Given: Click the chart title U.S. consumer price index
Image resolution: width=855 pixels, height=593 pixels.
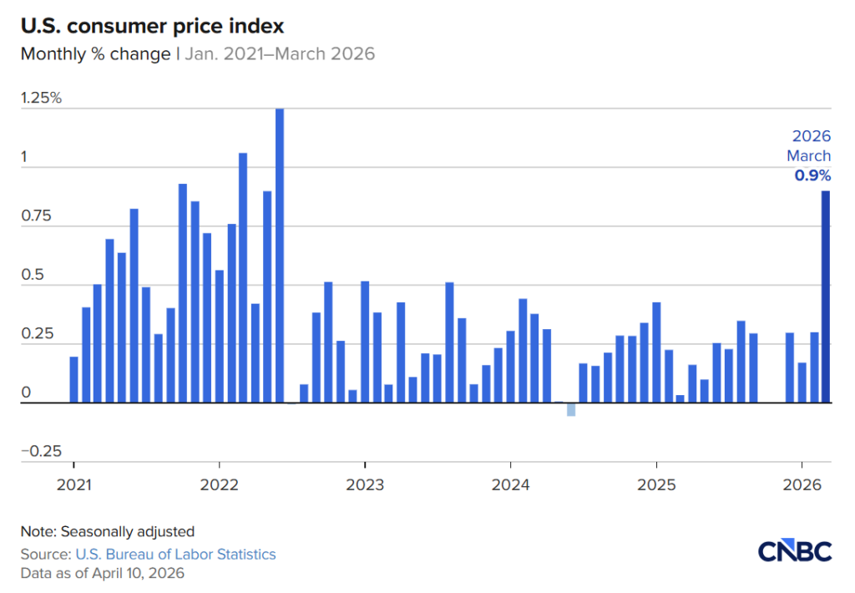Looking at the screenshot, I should tap(152, 26).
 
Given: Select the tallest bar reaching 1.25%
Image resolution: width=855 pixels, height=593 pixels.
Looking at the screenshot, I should tap(280, 256).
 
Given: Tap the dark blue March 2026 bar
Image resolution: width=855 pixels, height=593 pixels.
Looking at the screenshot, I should tap(826, 296).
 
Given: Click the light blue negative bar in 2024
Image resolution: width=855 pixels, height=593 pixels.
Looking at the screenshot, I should tap(571, 409).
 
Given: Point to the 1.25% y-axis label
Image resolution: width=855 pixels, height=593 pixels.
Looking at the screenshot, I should tap(41, 98).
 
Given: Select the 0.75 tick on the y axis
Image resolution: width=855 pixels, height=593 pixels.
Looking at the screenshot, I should tap(36, 215).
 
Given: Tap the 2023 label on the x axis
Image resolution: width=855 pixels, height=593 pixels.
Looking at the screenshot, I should tap(364, 484).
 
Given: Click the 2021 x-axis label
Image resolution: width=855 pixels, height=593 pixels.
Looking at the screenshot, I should tap(73, 484).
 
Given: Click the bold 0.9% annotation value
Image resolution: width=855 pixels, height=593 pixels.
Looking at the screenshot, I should tap(812, 175).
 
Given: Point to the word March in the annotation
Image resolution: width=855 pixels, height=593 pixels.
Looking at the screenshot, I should tap(808, 156).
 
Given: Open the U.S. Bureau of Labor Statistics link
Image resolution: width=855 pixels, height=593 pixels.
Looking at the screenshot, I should tap(175, 554).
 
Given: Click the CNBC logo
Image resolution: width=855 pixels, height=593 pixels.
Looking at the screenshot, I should tap(795, 552).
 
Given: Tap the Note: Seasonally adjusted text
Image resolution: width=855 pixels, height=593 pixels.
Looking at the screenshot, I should tap(107, 531).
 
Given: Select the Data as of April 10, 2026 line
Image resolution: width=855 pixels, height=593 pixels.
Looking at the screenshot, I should tap(102, 573).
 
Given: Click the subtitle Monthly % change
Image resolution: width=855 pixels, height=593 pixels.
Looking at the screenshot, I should tap(96, 54).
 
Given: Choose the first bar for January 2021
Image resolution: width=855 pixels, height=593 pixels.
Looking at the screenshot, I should tap(73, 379).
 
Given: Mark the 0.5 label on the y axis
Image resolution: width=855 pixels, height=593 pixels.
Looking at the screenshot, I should tap(32, 275).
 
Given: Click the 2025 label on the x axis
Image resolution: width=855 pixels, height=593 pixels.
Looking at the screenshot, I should tap(656, 484).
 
